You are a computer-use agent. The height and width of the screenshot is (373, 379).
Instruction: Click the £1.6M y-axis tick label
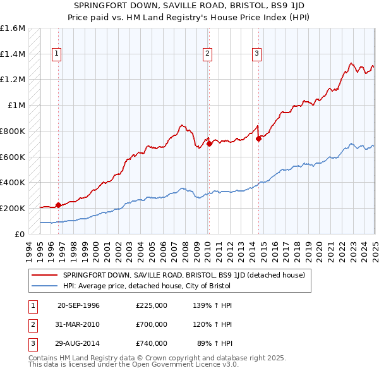pos(13,28)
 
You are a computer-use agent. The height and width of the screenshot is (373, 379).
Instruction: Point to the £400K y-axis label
pos(13,182)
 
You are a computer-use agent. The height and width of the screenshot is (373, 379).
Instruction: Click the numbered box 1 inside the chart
pos(57,54)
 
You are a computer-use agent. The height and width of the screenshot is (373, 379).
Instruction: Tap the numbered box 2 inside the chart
pos(207,54)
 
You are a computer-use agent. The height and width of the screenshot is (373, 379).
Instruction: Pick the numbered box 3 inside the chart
pos(257,54)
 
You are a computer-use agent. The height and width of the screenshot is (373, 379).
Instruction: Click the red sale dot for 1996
pos(58,205)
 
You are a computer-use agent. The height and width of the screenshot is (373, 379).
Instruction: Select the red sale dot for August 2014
pos(258,139)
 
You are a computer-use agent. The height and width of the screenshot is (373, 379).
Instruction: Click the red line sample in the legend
pos(45,275)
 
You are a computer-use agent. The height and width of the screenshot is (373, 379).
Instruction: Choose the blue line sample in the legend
pos(45,286)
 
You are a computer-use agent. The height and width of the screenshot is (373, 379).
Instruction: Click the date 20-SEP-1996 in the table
pos(78,305)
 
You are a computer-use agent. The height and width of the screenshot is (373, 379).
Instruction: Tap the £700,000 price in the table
pos(152,324)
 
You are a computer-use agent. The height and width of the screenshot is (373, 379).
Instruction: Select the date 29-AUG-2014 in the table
pos(78,343)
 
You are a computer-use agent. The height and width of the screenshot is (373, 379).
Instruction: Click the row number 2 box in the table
pos(32,324)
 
